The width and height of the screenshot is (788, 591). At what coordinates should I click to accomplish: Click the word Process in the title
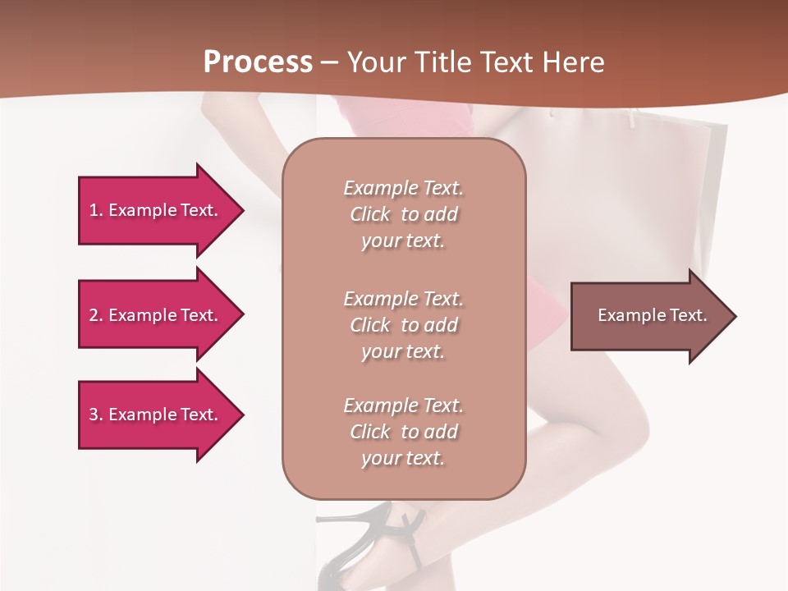(258, 62)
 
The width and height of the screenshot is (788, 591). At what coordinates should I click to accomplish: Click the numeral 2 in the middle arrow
(94, 315)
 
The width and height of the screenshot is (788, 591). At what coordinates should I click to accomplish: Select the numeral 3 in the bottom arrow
(94, 415)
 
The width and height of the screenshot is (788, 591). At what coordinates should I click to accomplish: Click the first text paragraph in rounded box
(403, 214)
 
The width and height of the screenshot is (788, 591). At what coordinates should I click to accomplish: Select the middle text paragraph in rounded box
(403, 325)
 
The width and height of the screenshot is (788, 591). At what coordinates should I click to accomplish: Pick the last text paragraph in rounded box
(403, 432)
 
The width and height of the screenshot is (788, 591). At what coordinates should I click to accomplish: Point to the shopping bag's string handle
(631, 120)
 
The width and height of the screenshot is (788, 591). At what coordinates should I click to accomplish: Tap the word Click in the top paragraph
(370, 214)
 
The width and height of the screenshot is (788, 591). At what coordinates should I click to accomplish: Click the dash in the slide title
(329, 63)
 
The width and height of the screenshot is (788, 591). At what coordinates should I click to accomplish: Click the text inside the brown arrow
(652, 315)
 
